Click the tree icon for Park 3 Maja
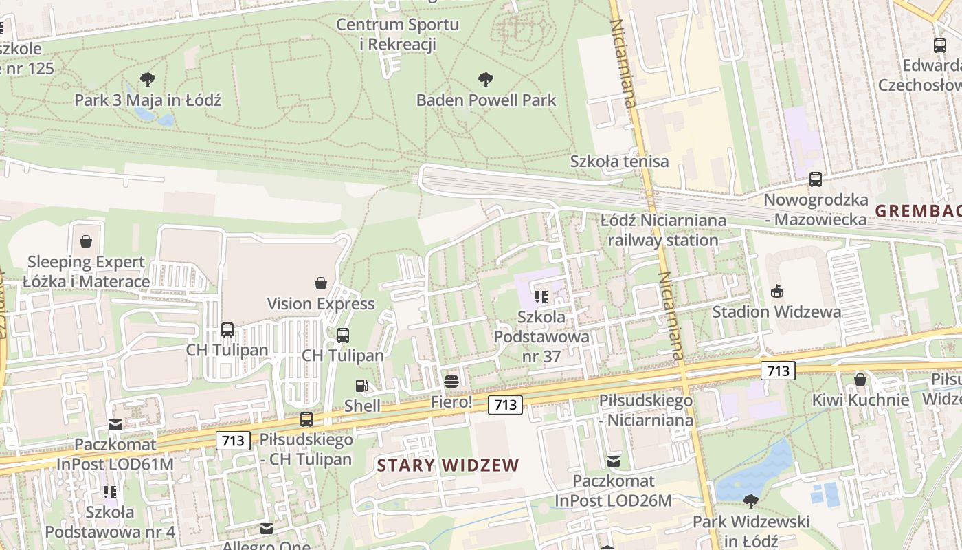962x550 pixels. pos(147,80)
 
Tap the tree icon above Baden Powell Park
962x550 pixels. pos(486,80)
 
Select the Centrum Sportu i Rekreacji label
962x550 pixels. pos(398,34)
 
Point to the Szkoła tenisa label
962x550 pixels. pos(619,162)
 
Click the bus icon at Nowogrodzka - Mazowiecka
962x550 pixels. pos(816,179)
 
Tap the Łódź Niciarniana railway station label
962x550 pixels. pos(663,230)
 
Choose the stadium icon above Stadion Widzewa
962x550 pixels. pos(776,291)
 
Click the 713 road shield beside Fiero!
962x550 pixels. pos(505,405)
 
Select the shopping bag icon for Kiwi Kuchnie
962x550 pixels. pos(860,379)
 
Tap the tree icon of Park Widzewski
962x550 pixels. pos(750,501)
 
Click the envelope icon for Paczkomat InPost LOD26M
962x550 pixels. pos(614,461)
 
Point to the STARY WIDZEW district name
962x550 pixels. pos(448,465)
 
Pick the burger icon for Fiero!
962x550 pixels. pos(451,382)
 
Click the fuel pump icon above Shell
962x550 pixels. pos(362,386)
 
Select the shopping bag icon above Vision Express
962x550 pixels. pos(321,283)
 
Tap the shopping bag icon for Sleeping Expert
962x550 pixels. pos(86,241)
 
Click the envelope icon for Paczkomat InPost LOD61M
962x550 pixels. pos(115,425)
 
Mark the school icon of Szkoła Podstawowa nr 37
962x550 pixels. pos(541,297)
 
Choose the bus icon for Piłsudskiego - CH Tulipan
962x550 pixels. pos(306,419)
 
